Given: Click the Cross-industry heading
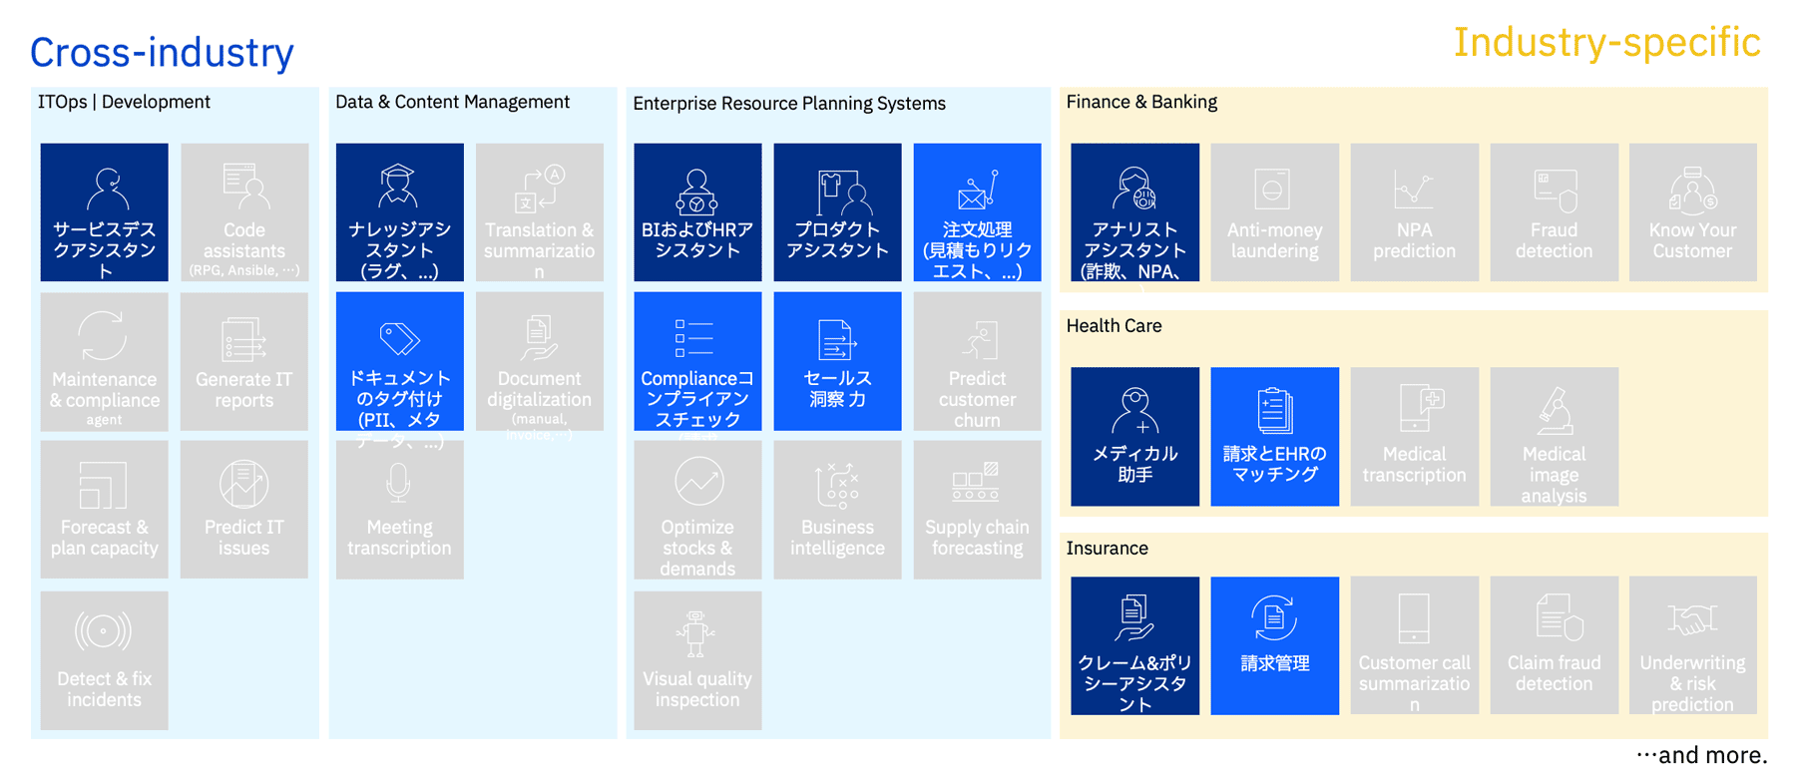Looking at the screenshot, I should (x=162, y=53).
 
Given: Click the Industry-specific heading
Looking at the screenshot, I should (x=1606, y=43).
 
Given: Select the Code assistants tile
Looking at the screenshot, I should (x=244, y=212).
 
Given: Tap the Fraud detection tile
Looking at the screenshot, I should (x=1554, y=212).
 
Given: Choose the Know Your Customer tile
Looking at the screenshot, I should (x=1692, y=212).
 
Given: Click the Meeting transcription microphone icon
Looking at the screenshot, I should (x=398, y=483).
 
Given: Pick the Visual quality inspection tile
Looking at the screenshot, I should (x=697, y=660).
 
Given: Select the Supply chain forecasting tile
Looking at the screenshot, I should (x=977, y=510).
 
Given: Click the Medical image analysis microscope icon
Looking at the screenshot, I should (x=1554, y=410).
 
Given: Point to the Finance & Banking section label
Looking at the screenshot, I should (x=1141, y=102).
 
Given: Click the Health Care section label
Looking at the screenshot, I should (x=1114, y=326).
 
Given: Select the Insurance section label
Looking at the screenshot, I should (x=1107, y=549).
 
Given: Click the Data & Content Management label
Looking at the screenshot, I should (x=452, y=102).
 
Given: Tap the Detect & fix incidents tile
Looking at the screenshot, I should (x=105, y=660).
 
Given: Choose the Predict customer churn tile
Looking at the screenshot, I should (x=977, y=361).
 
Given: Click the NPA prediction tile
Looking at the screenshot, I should (x=1414, y=212).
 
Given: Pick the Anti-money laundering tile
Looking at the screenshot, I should (x=1274, y=212).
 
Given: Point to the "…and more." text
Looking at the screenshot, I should (x=1701, y=755).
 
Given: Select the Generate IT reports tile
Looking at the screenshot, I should (x=244, y=361).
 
